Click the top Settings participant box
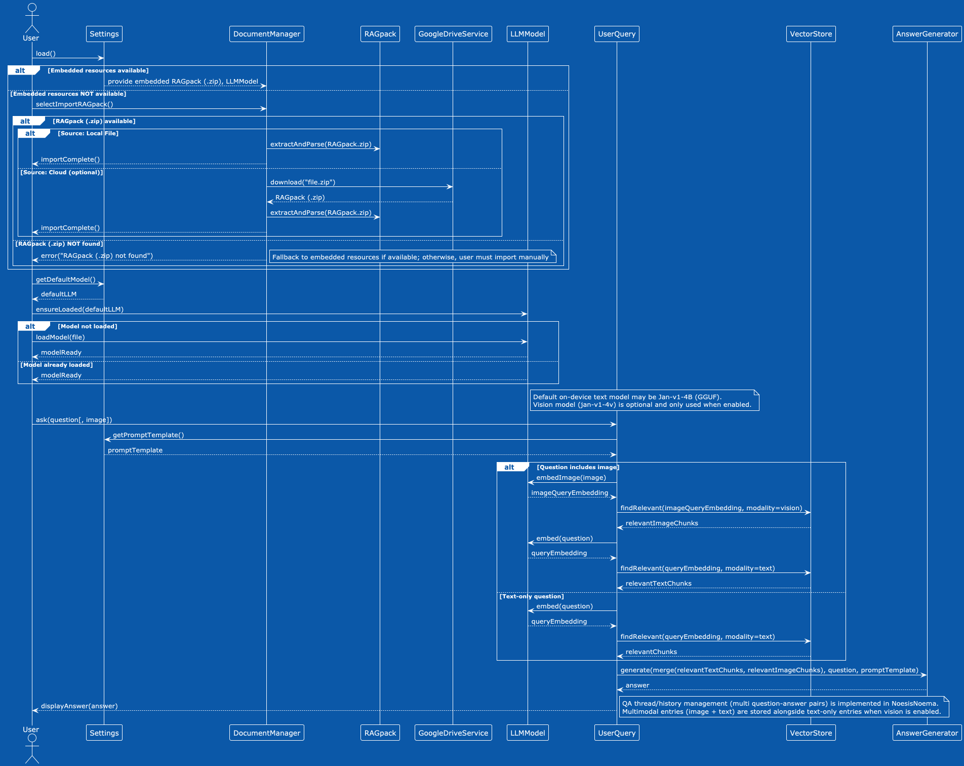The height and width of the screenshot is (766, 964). pos(104,34)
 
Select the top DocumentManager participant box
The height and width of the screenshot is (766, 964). pos(266,34)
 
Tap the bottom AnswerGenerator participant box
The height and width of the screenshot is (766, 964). pos(927,733)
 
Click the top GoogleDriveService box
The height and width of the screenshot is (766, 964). pos(453,34)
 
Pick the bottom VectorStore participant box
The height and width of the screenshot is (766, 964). pos(811,733)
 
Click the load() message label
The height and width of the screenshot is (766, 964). pos(46,53)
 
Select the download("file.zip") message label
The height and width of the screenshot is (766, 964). pos(302,182)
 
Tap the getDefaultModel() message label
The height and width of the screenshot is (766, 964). pos(65,279)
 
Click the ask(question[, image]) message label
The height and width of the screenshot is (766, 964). pos(74,419)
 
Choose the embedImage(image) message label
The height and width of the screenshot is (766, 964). pos(571,477)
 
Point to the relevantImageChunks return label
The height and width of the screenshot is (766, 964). pos(661,523)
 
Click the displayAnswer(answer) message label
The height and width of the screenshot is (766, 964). pos(79,706)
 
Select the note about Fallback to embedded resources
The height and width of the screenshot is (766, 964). pos(412,257)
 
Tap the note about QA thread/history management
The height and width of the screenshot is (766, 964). pos(783,707)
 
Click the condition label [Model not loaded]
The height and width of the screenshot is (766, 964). pos(88,326)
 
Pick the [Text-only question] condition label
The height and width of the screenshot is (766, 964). pos(531,596)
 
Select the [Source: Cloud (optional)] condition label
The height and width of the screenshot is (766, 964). pos(61,172)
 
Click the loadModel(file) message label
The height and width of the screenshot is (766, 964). pos(60,337)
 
